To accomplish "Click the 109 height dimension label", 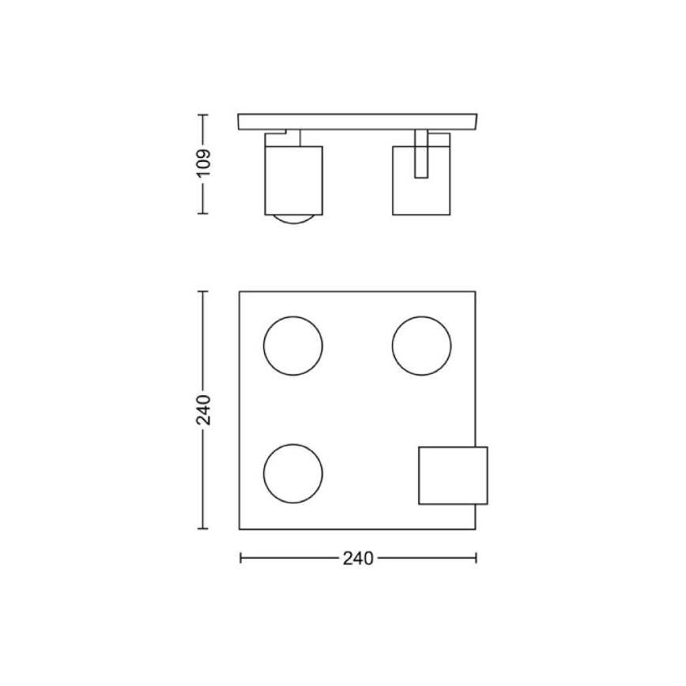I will (x=205, y=164).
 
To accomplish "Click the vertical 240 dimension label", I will (x=205, y=410).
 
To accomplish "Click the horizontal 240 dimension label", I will (x=358, y=559).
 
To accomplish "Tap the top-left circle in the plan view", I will (x=293, y=346).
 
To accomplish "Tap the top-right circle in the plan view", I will (x=422, y=346).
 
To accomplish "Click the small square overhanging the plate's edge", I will (x=452, y=476).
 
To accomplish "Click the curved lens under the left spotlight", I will (x=294, y=220).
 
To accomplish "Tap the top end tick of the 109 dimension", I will (x=204, y=115).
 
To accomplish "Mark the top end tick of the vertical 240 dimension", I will (x=204, y=291).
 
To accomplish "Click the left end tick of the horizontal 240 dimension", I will (x=239, y=559).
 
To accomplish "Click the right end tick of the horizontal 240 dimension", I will (x=476, y=559).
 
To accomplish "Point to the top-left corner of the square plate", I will (x=239, y=292).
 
